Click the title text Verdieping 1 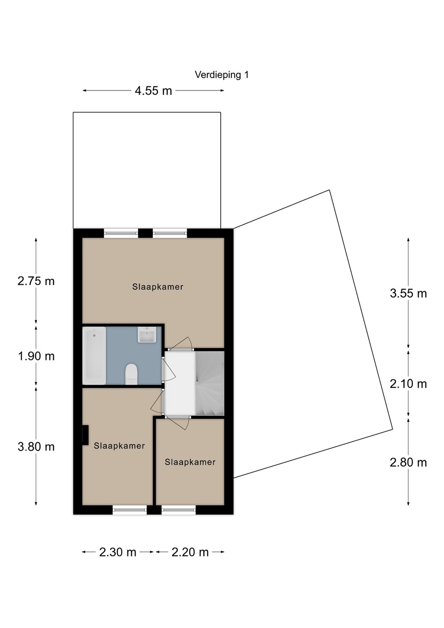[222, 75]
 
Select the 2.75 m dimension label [36, 281]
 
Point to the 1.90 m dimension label [36, 356]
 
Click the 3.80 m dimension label [36, 447]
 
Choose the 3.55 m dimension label [408, 294]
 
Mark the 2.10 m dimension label [408, 384]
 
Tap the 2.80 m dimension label [408, 463]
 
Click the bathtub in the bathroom [94, 356]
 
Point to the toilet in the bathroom [131, 374]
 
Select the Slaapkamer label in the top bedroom [158, 287]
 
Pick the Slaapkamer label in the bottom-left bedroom [119, 446]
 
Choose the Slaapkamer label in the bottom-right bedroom [190, 462]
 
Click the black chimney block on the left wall [85, 435]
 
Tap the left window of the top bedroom [121, 233]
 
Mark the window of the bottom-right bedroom [179, 510]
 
